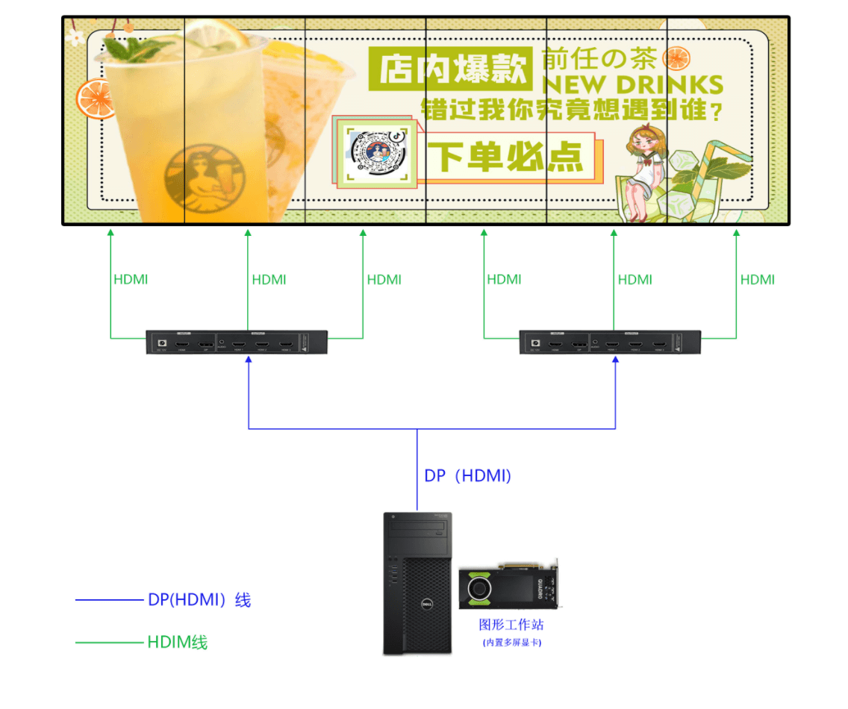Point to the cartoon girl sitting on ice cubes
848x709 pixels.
[639, 173]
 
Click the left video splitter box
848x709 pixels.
[237, 343]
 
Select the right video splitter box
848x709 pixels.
[611, 343]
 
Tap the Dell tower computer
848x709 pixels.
[417, 582]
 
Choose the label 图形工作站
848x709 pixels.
[511, 625]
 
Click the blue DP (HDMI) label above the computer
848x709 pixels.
[467, 475]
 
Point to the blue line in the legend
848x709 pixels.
[109, 600]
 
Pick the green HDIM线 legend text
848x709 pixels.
[178, 642]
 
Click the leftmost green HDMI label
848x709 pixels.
[131, 280]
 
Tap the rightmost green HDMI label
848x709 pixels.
[757, 280]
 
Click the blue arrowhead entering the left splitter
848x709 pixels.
[249, 360]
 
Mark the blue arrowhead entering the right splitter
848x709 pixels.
[616, 360]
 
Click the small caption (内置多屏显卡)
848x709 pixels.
[511, 643]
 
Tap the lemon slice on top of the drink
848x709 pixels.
[216, 33]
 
